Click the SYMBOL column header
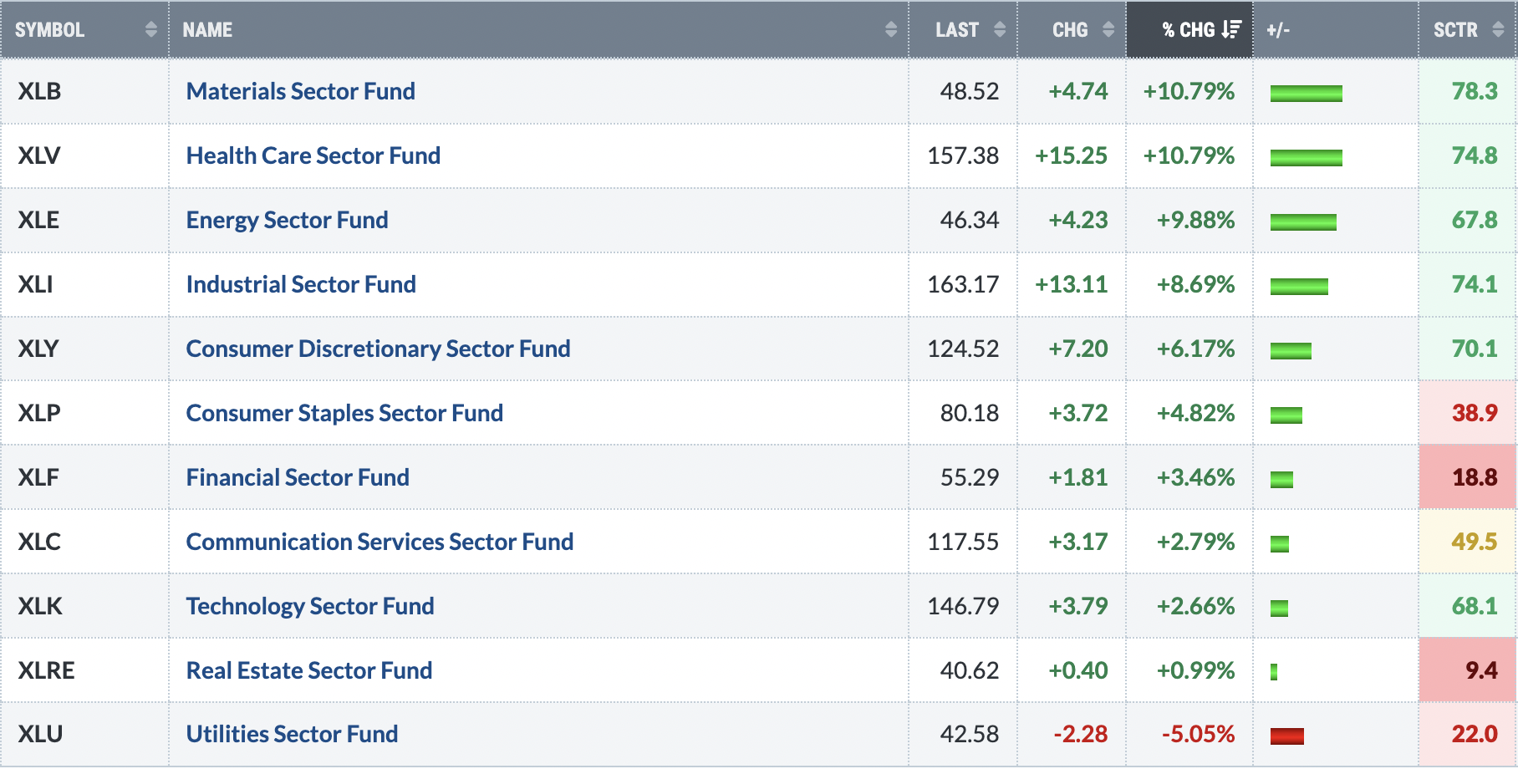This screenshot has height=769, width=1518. (49, 30)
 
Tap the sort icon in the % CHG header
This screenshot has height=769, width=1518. (1231, 30)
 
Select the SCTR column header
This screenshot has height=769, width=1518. (1455, 30)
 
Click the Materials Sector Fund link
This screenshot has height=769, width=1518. (301, 91)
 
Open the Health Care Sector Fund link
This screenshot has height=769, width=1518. (313, 155)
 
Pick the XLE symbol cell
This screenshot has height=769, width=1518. (39, 220)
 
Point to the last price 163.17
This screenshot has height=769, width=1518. (963, 284)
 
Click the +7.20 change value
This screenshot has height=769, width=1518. (1078, 349)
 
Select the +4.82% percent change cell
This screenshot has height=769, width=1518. (1195, 413)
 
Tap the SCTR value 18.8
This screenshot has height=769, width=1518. (1475, 477)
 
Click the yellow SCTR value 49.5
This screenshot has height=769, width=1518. (1475, 542)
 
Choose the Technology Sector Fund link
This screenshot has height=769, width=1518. (310, 606)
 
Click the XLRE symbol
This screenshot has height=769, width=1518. (47, 670)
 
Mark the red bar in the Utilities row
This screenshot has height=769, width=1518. (1287, 736)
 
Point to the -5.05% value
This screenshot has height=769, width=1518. (1198, 734)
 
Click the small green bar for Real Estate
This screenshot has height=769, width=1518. (1274, 672)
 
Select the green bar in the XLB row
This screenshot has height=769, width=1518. (1307, 94)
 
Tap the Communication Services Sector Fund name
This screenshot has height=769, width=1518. (379, 542)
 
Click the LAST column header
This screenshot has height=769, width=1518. (957, 30)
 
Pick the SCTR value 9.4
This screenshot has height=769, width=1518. (1481, 670)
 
